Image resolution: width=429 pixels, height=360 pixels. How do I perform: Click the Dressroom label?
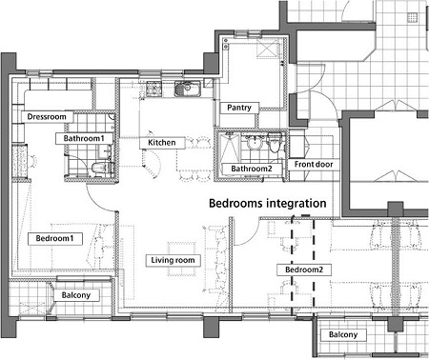tap(47, 117)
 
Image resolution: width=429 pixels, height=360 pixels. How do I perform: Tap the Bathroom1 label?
tap(84, 138)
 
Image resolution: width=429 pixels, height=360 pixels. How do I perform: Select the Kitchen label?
tap(162, 143)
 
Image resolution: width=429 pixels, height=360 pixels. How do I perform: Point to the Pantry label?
tap(239, 108)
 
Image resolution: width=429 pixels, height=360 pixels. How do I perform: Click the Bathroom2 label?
tap(252, 169)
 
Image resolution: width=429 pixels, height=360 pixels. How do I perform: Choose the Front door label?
tap(314, 165)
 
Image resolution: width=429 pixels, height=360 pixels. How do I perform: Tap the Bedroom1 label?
tap(55, 238)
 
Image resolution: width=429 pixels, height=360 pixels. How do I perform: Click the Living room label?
tap(174, 260)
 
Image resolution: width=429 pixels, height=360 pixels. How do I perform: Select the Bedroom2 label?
tap(304, 270)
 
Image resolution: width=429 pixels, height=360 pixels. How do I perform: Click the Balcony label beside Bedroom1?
tap(76, 295)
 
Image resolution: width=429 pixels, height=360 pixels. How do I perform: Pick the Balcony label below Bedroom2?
tap(343, 334)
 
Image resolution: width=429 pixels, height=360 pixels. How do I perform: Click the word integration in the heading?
tap(296, 204)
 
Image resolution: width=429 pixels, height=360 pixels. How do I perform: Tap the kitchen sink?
tap(188, 89)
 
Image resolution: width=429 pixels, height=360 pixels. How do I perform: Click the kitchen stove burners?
tap(154, 89)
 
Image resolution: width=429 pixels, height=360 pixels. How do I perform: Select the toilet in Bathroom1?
tap(99, 168)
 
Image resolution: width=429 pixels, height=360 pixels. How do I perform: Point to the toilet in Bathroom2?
tap(274, 143)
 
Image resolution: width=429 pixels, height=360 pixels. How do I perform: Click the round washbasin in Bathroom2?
tap(255, 143)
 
